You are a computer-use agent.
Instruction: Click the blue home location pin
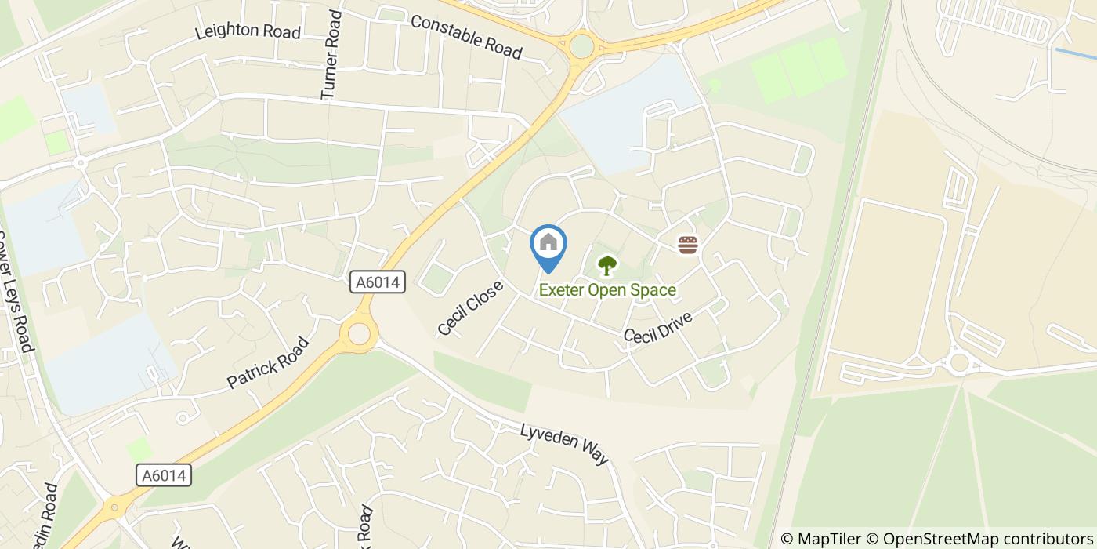(x=548, y=245)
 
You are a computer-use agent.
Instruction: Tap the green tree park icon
(x=606, y=266)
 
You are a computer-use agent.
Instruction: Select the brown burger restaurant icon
(x=688, y=245)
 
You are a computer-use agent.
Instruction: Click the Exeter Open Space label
(x=607, y=290)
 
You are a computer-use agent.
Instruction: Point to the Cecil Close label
(x=470, y=307)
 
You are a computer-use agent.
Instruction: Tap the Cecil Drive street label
(x=658, y=327)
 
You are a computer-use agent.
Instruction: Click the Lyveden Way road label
(x=565, y=444)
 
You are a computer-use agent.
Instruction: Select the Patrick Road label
(x=268, y=363)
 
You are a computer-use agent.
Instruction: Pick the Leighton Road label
(x=248, y=31)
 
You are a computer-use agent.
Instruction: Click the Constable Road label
(x=466, y=36)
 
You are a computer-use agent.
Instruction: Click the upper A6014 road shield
(x=378, y=282)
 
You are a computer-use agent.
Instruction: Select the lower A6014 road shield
(x=164, y=475)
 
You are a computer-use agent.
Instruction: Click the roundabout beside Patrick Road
(x=359, y=334)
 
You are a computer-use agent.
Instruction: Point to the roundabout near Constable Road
(x=581, y=45)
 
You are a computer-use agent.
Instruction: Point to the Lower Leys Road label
(x=16, y=290)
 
